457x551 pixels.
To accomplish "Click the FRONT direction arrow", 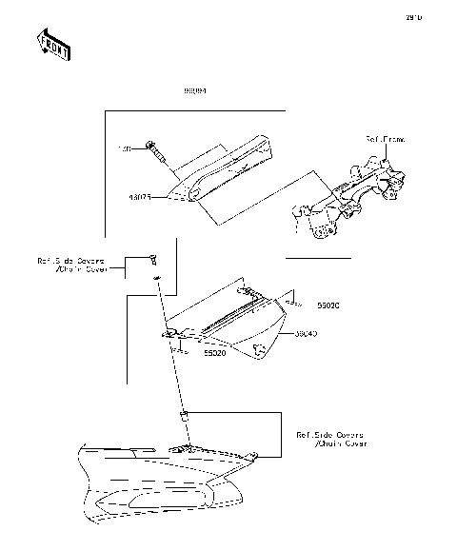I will coord(53,45).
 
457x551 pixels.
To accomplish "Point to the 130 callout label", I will coord(124,149).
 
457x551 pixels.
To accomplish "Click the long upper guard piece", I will coord(224,169).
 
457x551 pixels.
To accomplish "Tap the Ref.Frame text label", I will coord(386,139).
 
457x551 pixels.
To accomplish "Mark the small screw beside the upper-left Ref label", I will coord(151,259).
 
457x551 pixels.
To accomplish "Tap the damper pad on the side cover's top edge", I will coord(246,291).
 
